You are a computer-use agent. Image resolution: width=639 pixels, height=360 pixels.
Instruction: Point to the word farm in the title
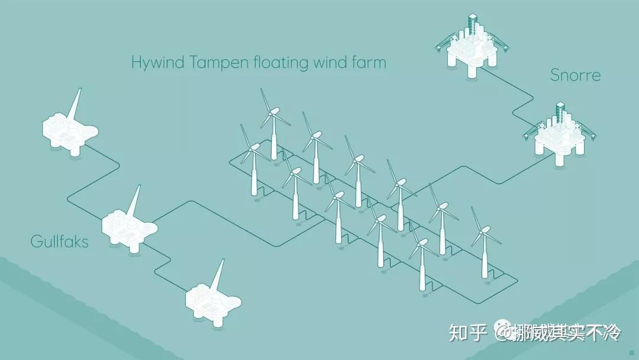pyautogui.click(x=367, y=62)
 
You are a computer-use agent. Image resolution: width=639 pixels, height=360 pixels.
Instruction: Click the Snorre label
pyautogui.click(x=575, y=75)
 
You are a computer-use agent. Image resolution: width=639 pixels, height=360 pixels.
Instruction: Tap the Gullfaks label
pyautogui.click(x=59, y=242)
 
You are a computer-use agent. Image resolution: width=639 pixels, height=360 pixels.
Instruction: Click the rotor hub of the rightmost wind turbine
pyautogui.click(x=483, y=230)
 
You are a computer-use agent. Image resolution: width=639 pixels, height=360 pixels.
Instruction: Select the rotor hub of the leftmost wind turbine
pyautogui.click(x=253, y=147)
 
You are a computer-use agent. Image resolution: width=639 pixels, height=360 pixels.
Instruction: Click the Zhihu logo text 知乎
pyautogui.click(x=467, y=333)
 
